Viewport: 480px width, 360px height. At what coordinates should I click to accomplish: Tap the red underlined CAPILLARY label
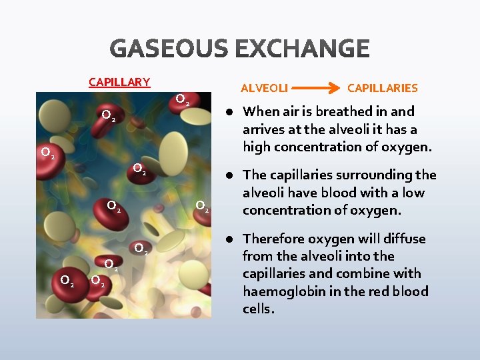[119, 82]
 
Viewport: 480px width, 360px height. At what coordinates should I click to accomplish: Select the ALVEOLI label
[264, 88]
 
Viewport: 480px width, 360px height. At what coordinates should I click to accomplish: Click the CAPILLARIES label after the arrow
[382, 88]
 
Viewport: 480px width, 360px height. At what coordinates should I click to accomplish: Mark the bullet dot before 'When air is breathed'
[228, 112]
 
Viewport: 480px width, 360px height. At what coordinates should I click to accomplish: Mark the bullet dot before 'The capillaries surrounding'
[228, 175]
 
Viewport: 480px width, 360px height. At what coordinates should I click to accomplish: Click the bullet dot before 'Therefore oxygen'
[228, 239]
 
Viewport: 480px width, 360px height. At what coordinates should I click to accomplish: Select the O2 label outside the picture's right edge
[202, 206]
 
